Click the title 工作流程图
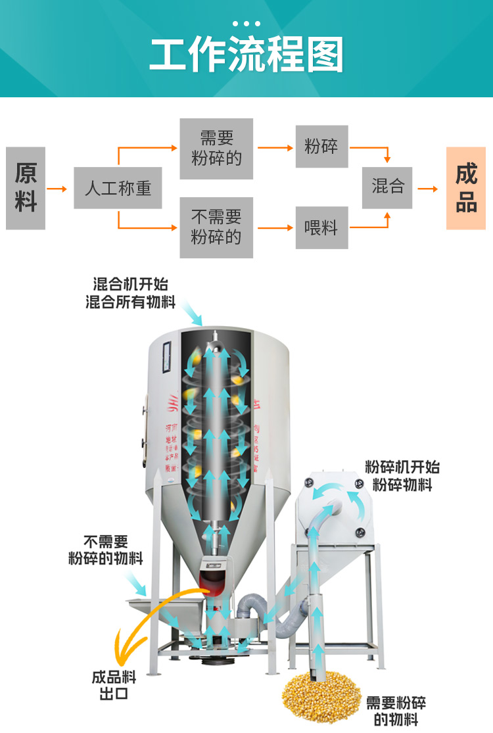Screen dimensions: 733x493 pyautogui.click(x=246, y=55)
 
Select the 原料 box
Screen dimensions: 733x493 pyautogui.click(x=26, y=188)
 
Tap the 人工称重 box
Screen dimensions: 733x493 pyautogui.click(x=118, y=188)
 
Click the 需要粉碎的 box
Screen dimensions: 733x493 pyautogui.click(x=216, y=149)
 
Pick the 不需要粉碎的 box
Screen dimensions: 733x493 pyautogui.click(x=216, y=227)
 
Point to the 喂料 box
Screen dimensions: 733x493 pyautogui.click(x=321, y=227)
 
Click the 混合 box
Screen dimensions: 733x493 pyautogui.click(x=388, y=187)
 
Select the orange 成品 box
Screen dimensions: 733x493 pyautogui.click(x=465, y=188)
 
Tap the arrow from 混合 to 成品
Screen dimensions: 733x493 pyautogui.click(x=428, y=189)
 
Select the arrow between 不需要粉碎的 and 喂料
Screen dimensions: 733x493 pyautogui.click(x=275, y=228)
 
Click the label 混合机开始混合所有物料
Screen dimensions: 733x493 pyautogui.click(x=131, y=293)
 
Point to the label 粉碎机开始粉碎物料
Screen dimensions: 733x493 pyautogui.click(x=402, y=476)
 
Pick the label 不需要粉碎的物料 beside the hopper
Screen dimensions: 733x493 pyautogui.click(x=105, y=550)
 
